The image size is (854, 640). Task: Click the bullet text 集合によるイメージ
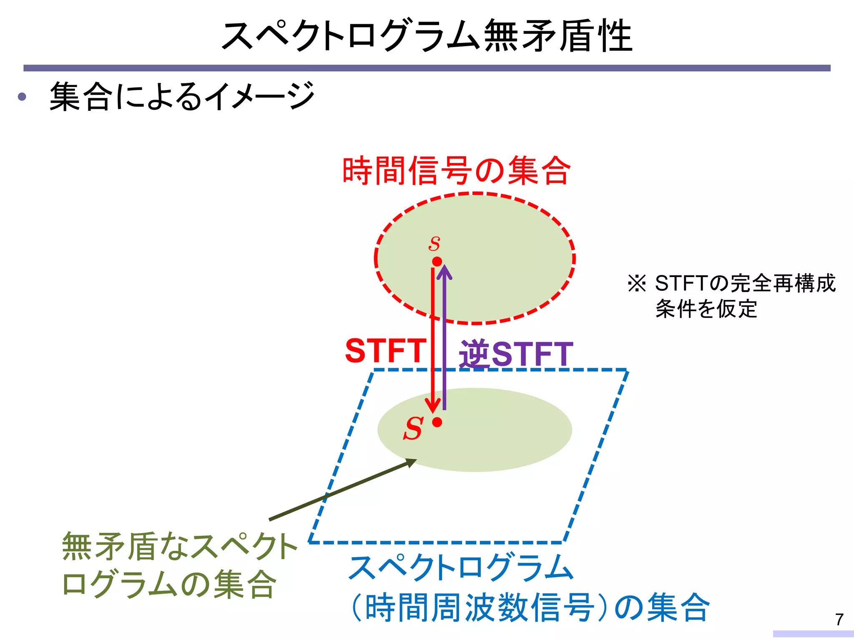point(182,97)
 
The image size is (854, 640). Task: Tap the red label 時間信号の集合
point(456,170)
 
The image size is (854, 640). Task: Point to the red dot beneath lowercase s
point(437,262)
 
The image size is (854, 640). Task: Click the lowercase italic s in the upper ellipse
point(435,243)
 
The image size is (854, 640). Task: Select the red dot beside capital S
point(437,422)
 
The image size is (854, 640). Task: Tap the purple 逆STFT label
point(516,354)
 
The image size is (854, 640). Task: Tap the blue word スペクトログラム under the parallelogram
point(461,567)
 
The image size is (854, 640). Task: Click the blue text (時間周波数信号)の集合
point(530,607)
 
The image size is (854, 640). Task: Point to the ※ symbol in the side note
point(637,283)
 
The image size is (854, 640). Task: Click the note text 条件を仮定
point(706,309)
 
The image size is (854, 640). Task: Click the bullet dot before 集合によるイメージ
point(22,97)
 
